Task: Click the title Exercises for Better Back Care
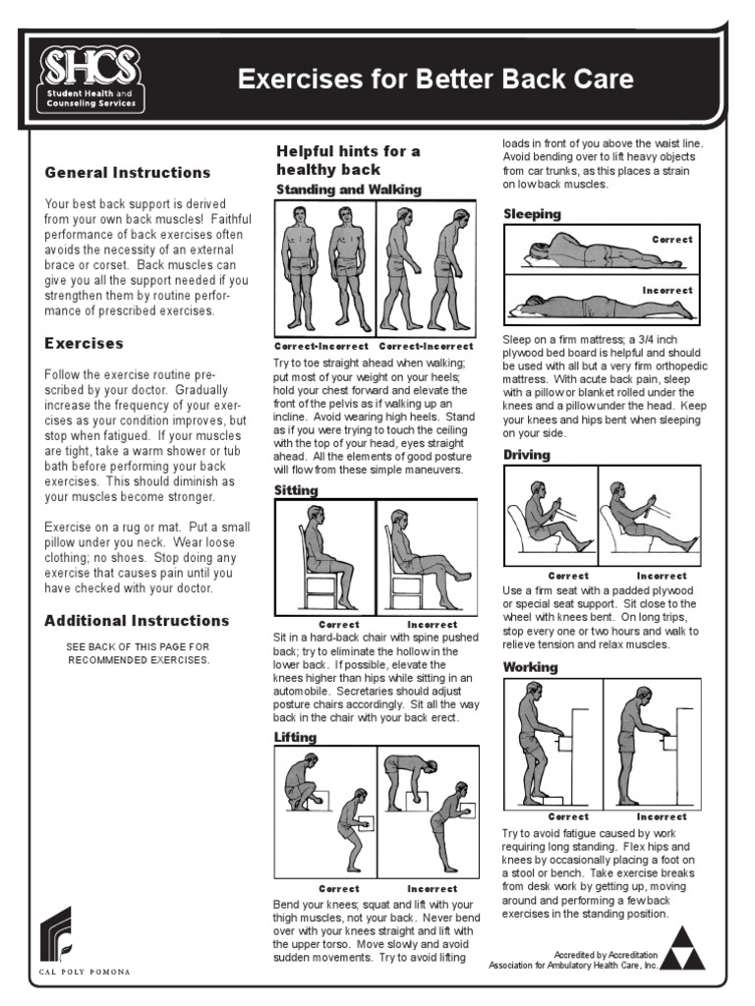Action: pos(436,79)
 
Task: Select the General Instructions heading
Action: pos(128,173)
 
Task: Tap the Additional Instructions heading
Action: pos(137,621)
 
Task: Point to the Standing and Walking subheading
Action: pos(348,189)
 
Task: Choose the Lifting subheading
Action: pos(296,737)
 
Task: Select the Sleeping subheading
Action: pos(532,213)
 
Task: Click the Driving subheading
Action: pos(527,455)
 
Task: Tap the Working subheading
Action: pos(531,667)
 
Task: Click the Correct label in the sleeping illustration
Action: pos(671,239)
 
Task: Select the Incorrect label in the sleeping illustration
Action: pos(668,291)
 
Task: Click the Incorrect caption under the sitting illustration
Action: pos(432,624)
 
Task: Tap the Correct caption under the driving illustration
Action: pos(568,576)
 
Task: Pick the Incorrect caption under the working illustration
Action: pos(662,816)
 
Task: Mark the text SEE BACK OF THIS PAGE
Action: pos(139,647)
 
